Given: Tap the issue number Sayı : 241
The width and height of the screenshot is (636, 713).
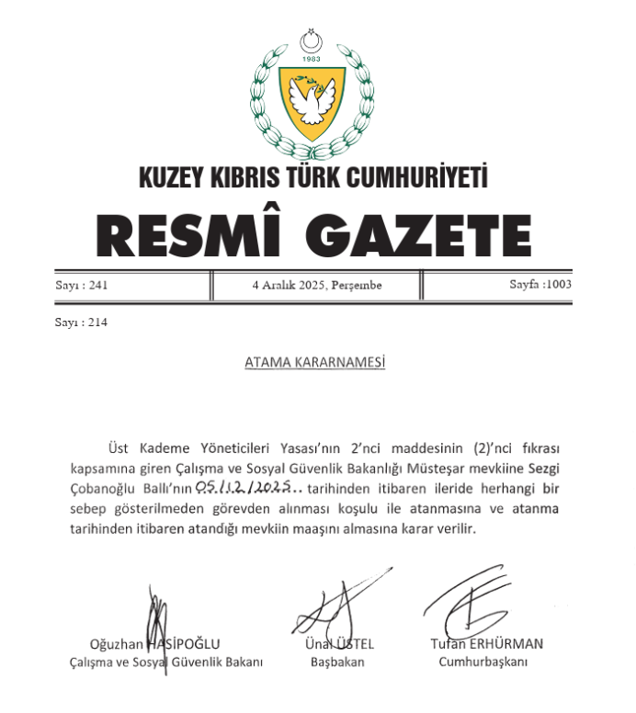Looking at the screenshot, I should [82, 285].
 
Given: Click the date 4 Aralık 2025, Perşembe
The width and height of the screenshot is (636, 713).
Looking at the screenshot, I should [316, 286].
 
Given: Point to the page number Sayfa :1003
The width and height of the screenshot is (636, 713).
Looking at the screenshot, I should [540, 285].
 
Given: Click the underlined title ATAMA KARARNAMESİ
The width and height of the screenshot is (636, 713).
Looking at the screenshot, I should [314, 363].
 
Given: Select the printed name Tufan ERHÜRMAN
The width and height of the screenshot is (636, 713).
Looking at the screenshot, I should [487, 643].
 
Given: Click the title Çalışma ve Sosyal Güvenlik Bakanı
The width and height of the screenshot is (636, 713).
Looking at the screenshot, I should [166, 662].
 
